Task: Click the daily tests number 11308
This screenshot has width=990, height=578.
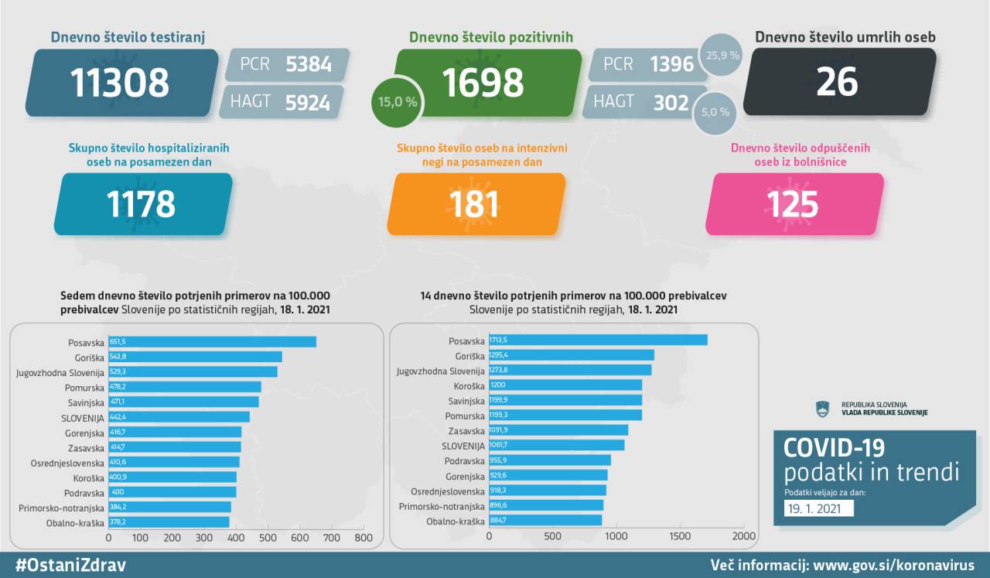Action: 120,82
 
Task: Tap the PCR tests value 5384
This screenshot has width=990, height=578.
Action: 309,64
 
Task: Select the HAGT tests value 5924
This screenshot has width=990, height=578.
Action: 307,102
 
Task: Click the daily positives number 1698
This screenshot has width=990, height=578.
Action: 483,82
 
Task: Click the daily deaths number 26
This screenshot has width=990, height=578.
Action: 837,81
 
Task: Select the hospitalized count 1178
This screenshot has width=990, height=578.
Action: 141,204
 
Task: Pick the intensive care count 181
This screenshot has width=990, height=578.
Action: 473,204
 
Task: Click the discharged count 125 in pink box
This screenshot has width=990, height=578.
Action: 792,204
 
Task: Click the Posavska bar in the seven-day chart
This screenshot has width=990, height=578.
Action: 213,341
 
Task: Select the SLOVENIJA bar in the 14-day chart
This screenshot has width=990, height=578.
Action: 556,445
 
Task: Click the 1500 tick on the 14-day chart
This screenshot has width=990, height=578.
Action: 680,536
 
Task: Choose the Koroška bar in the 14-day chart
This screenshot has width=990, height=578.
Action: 565,385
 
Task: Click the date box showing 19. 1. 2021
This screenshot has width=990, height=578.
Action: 818,508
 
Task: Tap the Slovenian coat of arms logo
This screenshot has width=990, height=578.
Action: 822,409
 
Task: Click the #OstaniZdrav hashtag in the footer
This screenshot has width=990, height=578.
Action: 70,565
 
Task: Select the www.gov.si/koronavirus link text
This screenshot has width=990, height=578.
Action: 892,565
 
